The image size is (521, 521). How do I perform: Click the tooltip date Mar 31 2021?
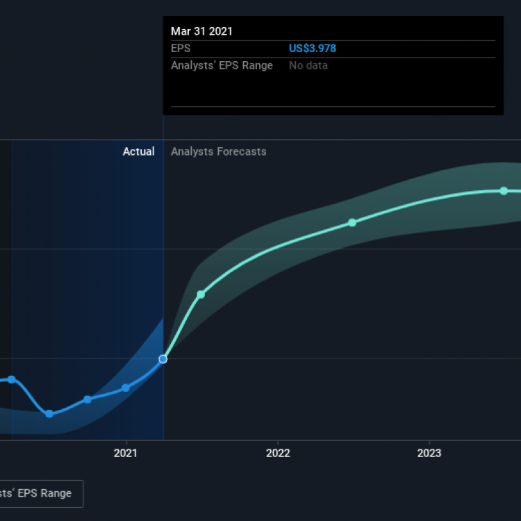pos(201,31)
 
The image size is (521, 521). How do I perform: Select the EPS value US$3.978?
pos(313,49)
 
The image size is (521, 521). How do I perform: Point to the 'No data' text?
pos(308,65)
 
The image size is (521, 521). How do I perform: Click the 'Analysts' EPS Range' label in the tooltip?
pos(222,65)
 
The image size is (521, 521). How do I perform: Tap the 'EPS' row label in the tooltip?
pos(181,49)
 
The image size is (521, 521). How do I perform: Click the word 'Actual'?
pos(138,151)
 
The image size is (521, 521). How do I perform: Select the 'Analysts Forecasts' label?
pos(219,151)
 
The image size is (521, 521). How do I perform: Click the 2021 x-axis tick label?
pos(125,453)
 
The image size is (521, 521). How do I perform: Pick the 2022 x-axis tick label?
pos(278,453)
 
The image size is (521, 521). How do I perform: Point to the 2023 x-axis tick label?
pos(429,453)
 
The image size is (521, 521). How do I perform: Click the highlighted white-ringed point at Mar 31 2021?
pos(163,359)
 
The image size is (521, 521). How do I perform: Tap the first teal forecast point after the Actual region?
pos(201,295)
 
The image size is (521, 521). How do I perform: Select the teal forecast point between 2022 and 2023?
pos(352,222)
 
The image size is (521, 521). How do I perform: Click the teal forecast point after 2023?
pos(504,191)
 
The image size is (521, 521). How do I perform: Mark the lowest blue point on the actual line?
pos(49,414)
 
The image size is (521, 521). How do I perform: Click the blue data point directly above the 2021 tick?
pos(125,388)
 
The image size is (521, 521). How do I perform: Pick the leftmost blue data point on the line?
pos(12,379)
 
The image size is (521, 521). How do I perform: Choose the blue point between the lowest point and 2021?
pos(88,399)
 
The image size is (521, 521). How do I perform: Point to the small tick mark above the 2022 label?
pos(278,443)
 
